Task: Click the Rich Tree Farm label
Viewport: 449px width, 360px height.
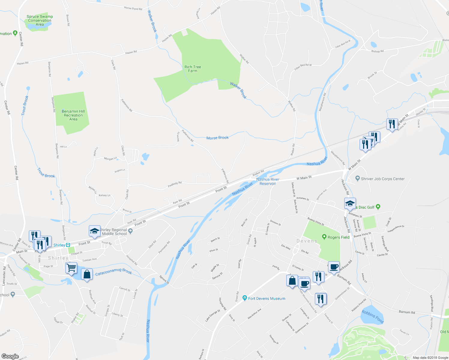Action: pyautogui.click(x=193, y=69)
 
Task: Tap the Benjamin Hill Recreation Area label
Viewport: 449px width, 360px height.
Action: pyautogui.click(x=73, y=115)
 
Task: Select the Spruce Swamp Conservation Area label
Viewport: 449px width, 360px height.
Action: pyautogui.click(x=40, y=20)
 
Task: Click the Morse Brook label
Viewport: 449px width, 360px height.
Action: pyautogui.click(x=217, y=138)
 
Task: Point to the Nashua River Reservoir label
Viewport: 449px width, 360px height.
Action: pyautogui.click(x=268, y=181)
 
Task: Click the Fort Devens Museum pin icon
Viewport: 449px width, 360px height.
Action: pyautogui.click(x=245, y=298)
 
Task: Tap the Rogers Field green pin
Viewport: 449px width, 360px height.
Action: pyautogui.click(x=324, y=237)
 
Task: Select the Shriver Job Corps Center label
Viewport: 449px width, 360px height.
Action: pyautogui.click(x=383, y=179)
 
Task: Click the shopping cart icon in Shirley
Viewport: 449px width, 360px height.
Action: pyautogui.click(x=71, y=267)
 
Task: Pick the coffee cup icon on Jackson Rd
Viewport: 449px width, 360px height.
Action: pyautogui.click(x=334, y=267)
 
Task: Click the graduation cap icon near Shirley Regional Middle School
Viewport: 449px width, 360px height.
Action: pyautogui.click(x=94, y=231)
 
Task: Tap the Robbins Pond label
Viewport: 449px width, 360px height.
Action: pyautogui.click(x=372, y=317)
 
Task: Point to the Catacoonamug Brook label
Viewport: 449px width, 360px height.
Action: pyautogui.click(x=113, y=272)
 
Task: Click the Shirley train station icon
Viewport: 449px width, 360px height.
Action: pyautogui.click(x=68, y=245)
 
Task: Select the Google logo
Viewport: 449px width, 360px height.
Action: pyautogui.click(x=10, y=356)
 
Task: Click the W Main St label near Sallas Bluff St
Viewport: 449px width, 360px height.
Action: pyautogui.click(x=304, y=178)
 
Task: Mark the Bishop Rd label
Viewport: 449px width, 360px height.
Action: pyautogui.click(x=377, y=51)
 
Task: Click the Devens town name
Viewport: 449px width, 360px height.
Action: pyautogui.click(x=307, y=241)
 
